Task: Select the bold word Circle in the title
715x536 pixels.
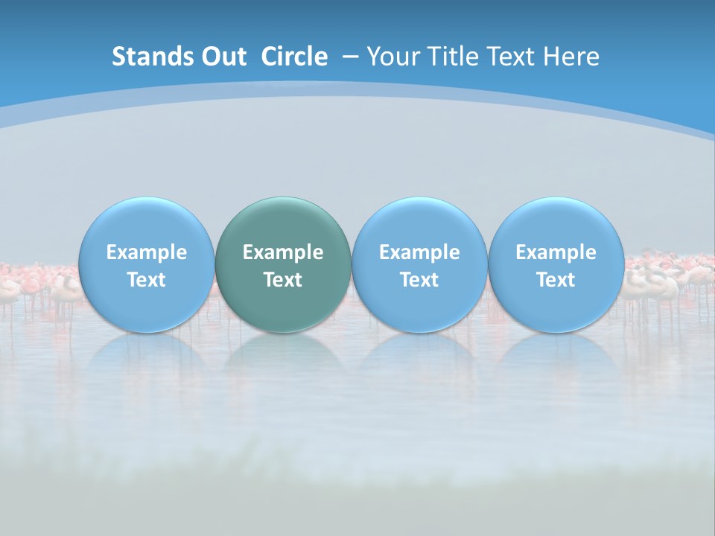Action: click(x=294, y=57)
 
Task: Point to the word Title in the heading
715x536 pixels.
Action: click(x=457, y=57)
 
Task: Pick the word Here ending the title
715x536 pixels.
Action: click(x=571, y=57)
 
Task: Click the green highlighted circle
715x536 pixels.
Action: click(x=283, y=265)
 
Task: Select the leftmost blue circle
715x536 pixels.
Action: click(x=146, y=265)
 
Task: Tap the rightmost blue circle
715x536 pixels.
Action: click(x=556, y=265)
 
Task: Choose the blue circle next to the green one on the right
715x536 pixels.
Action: click(x=419, y=265)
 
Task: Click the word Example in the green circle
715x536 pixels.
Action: click(x=283, y=252)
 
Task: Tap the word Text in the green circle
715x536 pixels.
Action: click(x=283, y=280)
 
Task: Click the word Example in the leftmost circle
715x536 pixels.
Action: click(x=146, y=252)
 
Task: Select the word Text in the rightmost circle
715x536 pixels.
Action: click(x=556, y=280)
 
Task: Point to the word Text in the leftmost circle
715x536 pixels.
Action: click(x=146, y=280)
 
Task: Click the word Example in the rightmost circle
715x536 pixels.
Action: click(x=556, y=252)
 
